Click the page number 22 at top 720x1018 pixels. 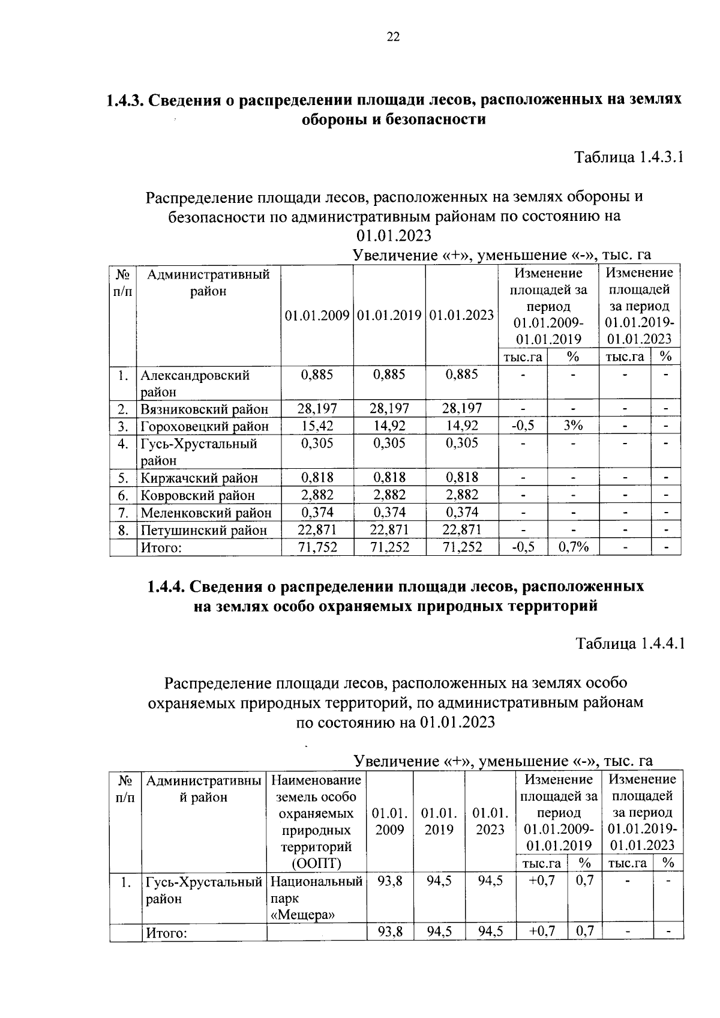click(393, 37)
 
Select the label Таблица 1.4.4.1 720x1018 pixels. click(629, 644)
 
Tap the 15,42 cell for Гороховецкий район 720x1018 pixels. click(317, 426)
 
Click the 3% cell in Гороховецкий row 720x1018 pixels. click(572, 426)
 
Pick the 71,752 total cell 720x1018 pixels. click(317, 547)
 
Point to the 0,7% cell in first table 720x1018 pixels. click(572, 547)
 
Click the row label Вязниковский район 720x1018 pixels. click(204, 409)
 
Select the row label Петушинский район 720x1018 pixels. click(203, 530)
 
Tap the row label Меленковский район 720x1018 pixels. click(206, 513)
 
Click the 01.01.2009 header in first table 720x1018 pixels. click(317, 315)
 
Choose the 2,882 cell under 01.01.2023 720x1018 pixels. click(462, 495)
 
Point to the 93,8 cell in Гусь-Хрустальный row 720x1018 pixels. click(389, 881)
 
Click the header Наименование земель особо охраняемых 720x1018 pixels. click(316, 797)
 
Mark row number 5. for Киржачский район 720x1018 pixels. click(124, 478)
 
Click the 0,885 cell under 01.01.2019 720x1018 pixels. click(389, 375)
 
